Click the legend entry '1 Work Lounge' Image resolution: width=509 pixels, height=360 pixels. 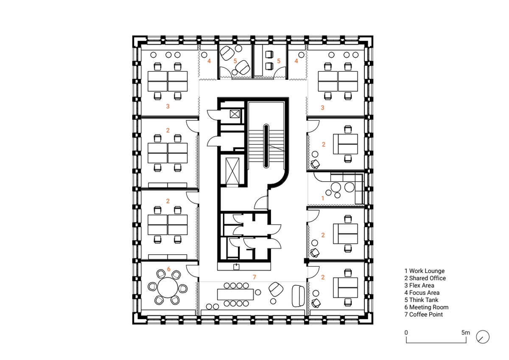click(424, 271)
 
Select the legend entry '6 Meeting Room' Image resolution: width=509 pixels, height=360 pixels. click(426, 307)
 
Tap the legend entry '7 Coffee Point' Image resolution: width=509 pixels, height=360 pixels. click(424, 315)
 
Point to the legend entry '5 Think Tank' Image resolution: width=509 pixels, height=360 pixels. click(421, 300)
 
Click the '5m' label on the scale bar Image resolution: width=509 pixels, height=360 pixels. click(466, 332)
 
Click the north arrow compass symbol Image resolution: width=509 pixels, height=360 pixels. click(483, 337)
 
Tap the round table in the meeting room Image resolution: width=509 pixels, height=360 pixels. click(168, 287)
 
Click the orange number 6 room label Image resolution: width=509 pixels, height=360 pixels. click(169, 269)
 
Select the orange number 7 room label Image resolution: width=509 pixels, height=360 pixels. click(254, 277)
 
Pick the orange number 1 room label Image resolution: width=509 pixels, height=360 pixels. click(323, 198)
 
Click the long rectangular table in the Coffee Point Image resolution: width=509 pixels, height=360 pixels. click(235, 295)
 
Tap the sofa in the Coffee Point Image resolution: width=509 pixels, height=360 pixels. click(298, 296)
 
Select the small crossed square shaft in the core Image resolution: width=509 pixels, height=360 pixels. click(235, 114)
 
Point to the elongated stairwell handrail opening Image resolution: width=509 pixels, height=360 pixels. click(266, 146)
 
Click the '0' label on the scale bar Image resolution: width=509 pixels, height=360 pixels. click(406, 332)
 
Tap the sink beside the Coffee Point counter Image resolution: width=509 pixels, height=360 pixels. click(236, 267)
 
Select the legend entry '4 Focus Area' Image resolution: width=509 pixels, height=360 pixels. click(422, 292)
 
